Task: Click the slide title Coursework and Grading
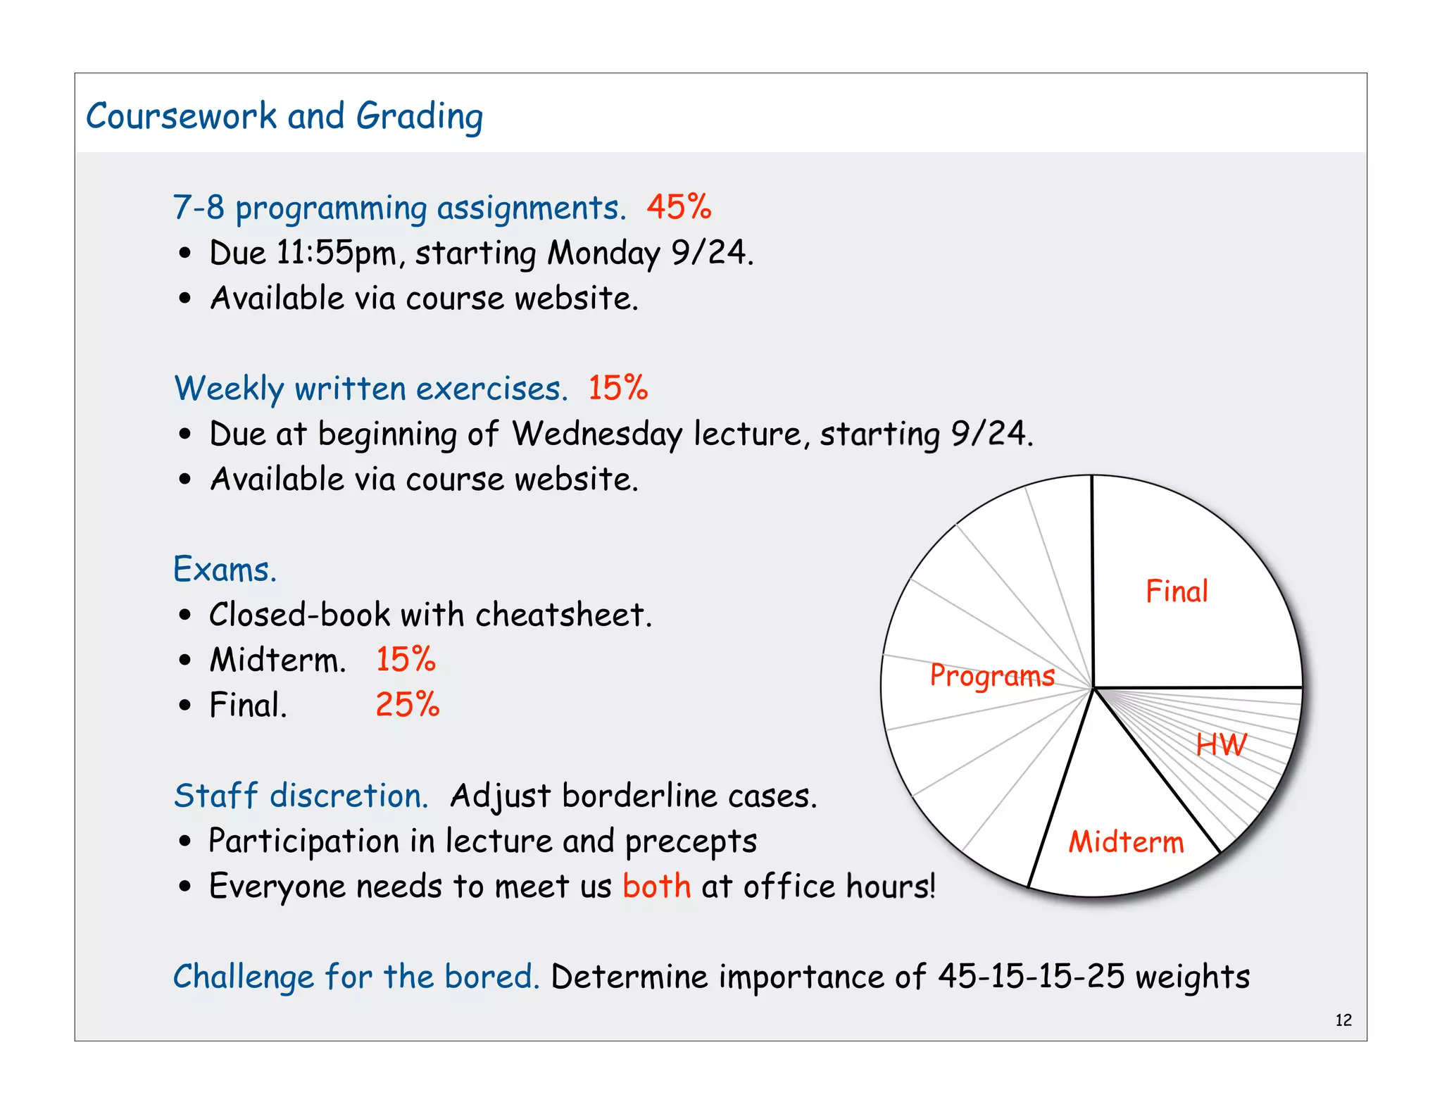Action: click(x=284, y=116)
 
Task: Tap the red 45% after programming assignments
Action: click(x=679, y=207)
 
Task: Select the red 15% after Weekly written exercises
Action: click(x=617, y=388)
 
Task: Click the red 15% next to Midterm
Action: click(x=406, y=660)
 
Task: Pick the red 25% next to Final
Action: click(x=407, y=705)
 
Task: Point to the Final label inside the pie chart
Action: click(x=1177, y=592)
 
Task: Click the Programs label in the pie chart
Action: click(x=992, y=676)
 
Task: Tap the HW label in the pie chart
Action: click(x=1221, y=745)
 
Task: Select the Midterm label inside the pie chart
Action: click(x=1126, y=842)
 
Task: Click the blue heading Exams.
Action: click(x=225, y=569)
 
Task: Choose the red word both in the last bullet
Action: click(x=656, y=886)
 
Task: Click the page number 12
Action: click(x=1343, y=1020)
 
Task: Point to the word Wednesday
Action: click(x=597, y=434)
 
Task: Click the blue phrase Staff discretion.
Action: click(x=301, y=796)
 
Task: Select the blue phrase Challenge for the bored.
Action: click(x=356, y=977)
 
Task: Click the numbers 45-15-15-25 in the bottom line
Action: click(x=1031, y=977)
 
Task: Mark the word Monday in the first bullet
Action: click(x=604, y=254)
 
